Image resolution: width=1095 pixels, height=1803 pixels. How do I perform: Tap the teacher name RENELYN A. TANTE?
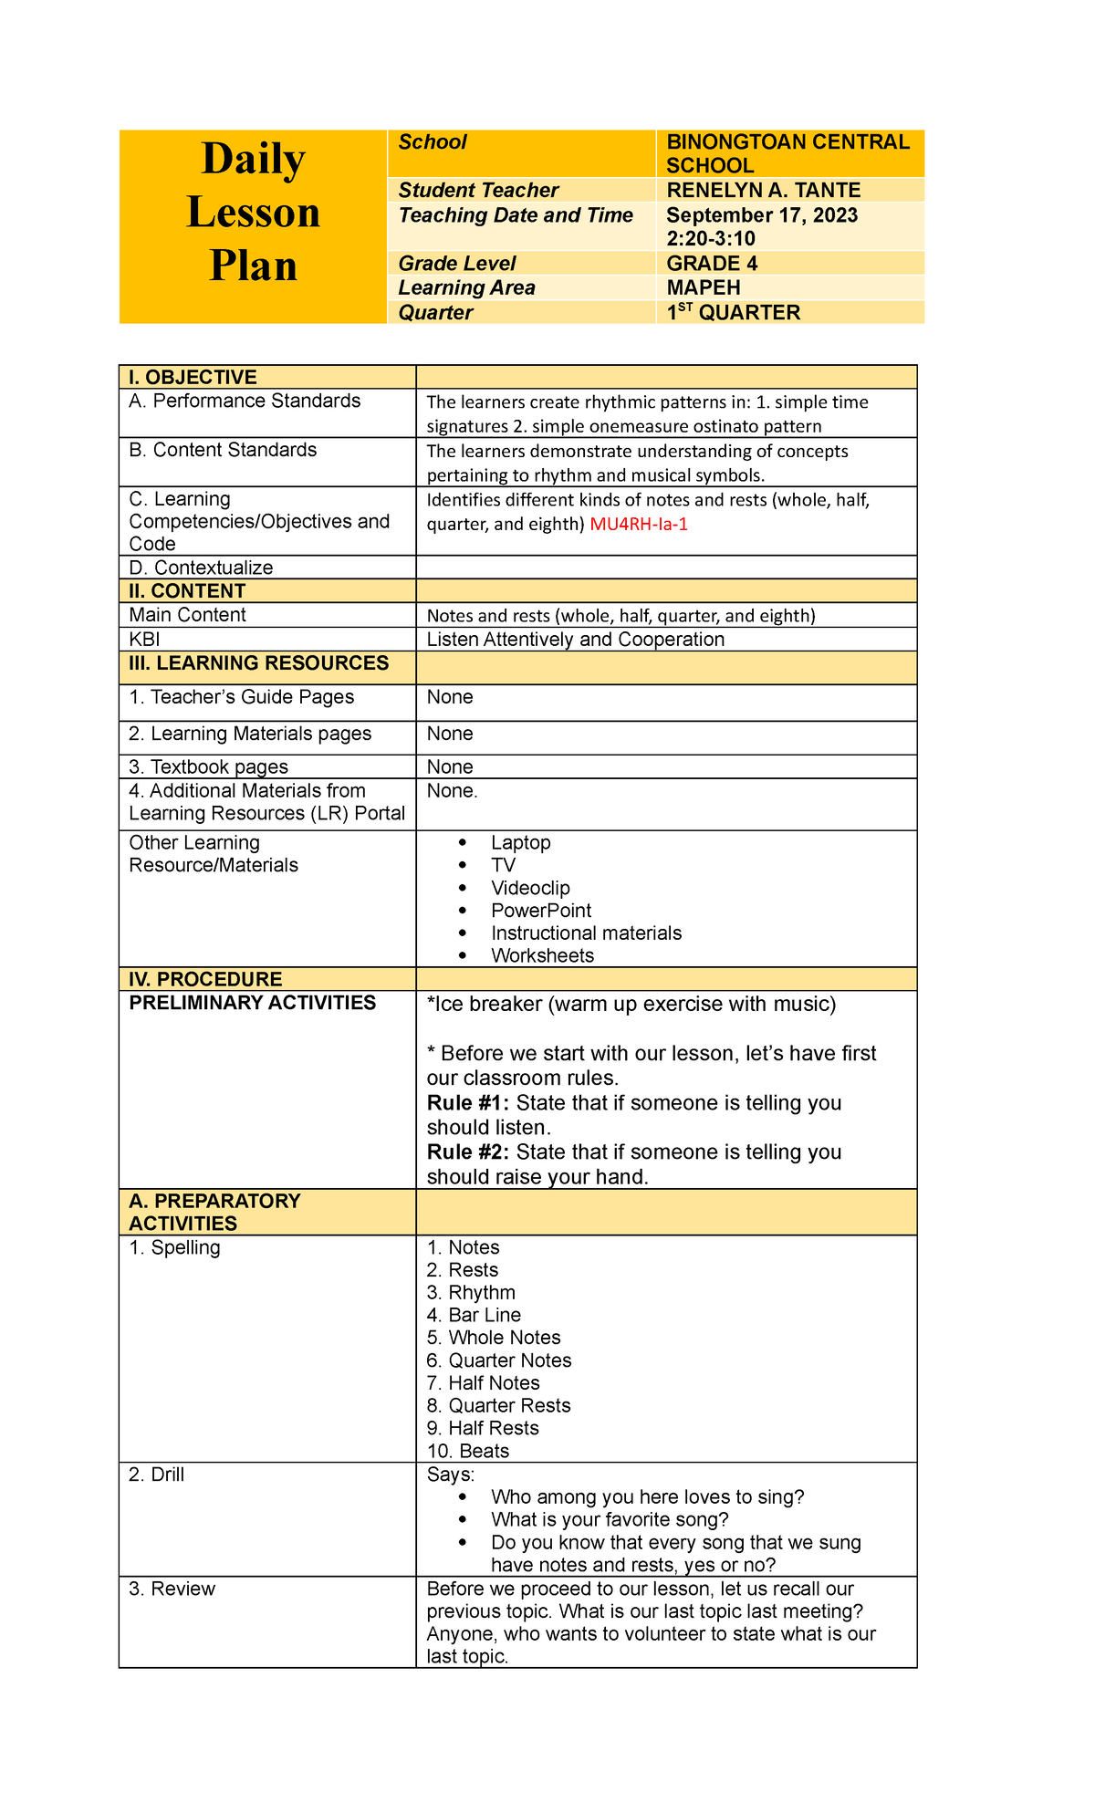pyautogui.click(x=763, y=190)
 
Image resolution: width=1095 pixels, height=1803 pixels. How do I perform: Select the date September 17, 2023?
pyautogui.click(x=762, y=215)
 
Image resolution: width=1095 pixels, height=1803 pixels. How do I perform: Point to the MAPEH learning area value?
pyautogui.click(x=703, y=287)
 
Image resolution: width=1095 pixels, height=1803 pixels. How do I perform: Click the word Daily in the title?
pyautogui.click(x=253, y=160)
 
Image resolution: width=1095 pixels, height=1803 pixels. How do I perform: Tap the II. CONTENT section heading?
pyautogui.click(x=187, y=590)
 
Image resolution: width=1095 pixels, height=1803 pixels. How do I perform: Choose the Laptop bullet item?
pyautogui.click(x=520, y=842)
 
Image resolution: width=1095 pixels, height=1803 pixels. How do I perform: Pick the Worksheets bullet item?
pyautogui.click(x=542, y=955)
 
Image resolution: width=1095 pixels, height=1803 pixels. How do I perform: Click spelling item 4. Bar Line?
pyautogui.click(x=474, y=1315)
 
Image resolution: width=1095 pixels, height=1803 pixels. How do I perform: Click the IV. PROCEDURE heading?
pyautogui.click(x=205, y=979)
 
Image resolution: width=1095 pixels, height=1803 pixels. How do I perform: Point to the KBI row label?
pyautogui.click(x=144, y=639)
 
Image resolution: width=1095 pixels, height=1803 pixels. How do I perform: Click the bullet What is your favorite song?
pyautogui.click(x=610, y=1519)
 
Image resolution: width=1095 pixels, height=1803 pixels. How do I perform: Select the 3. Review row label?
pyautogui.click(x=172, y=1589)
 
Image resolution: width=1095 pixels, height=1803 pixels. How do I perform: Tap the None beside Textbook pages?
pyautogui.click(x=450, y=766)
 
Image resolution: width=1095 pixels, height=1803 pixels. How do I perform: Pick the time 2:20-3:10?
pyautogui.click(x=711, y=239)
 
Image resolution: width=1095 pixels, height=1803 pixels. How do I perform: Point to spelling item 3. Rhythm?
pyautogui.click(x=471, y=1292)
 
